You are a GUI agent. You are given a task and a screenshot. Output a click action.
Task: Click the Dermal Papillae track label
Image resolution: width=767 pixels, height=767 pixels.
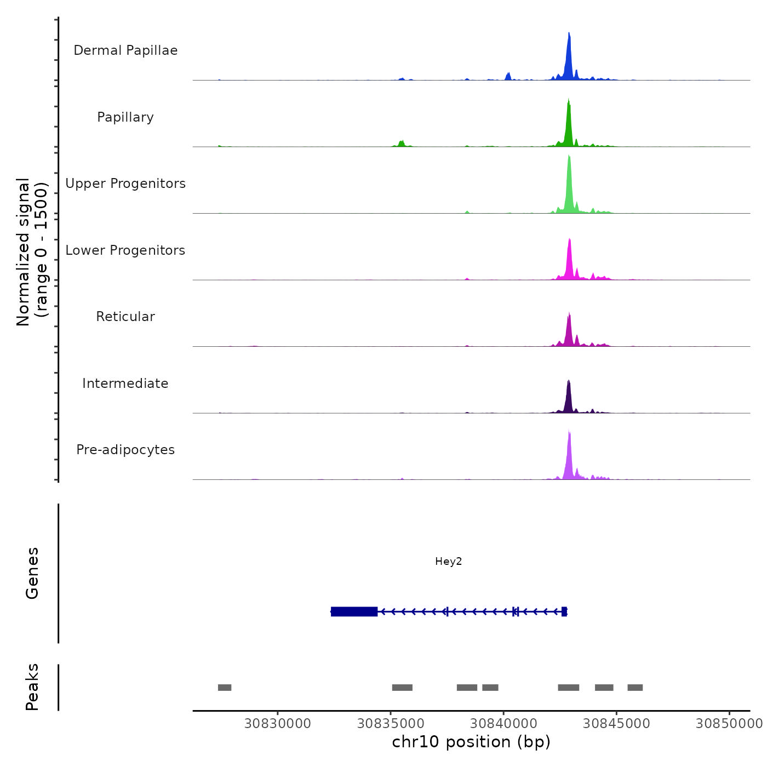(x=125, y=50)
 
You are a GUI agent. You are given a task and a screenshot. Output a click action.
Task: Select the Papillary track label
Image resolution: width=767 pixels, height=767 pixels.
(x=125, y=117)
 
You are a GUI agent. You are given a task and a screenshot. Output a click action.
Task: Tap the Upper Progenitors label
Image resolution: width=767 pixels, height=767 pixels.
(x=125, y=184)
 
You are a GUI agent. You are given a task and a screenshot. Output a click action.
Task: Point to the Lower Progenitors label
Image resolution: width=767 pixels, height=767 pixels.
(x=125, y=250)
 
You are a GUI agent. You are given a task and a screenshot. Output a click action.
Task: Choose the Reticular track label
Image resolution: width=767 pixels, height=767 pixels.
(x=125, y=317)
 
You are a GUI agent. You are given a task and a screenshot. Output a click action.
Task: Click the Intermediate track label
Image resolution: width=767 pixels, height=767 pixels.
(x=125, y=383)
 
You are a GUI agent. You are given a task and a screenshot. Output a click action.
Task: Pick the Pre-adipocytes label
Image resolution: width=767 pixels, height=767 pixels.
(x=125, y=450)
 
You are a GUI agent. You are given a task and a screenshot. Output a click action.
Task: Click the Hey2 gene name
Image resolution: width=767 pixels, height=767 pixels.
(x=449, y=562)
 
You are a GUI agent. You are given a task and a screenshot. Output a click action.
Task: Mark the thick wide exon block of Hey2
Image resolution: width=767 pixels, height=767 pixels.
(x=354, y=611)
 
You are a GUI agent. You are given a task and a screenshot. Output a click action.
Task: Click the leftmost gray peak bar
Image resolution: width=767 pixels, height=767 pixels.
(x=225, y=688)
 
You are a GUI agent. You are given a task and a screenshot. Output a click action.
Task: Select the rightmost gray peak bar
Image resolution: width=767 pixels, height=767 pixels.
(x=635, y=688)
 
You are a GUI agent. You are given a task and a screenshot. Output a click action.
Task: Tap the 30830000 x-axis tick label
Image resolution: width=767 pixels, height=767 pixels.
(x=278, y=724)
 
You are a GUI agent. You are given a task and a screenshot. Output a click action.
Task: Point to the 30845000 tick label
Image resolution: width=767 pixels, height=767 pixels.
(x=616, y=724)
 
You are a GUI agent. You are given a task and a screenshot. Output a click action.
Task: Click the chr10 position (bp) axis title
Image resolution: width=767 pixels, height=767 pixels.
(x=471, y=742)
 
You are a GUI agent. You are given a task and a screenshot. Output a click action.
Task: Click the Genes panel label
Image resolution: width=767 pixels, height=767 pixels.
(x=32, y=573)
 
